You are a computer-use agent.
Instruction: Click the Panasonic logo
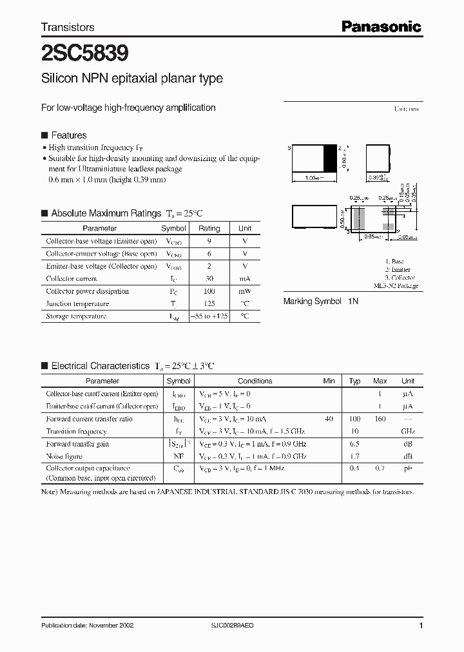tap(381, 26)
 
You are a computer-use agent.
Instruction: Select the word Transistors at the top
tap(68, 27)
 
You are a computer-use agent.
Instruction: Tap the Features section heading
tap(68, 135)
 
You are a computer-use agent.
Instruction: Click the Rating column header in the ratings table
tap(209, 228)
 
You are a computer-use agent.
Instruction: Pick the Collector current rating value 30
tap(209, 279)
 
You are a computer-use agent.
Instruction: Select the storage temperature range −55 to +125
tap(209, 316)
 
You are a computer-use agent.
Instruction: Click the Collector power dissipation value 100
tap(209, 291)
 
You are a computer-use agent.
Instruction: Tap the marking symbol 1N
tap(353, 301)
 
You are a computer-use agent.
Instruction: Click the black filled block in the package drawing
tap(329, 158)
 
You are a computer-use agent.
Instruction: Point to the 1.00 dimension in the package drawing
tap(314, 177)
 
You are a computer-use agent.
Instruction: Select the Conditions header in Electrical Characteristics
tap(255, 381)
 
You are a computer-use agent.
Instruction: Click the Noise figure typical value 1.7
tap(354, 456)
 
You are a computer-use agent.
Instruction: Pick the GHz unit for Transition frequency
tap(407, 432)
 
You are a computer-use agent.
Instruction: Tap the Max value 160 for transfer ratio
tap(380, 419)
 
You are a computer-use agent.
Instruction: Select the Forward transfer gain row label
tap(77, 444)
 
